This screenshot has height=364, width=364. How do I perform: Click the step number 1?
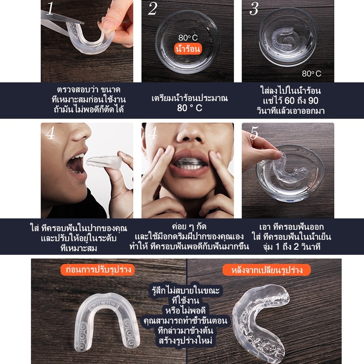tap(50, 8)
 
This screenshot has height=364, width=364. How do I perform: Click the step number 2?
tap(152, 9)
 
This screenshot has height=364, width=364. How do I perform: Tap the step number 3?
tap(254, 9)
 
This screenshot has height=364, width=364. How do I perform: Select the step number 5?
tap(254, 133)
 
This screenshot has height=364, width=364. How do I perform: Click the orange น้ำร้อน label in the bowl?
tap(188, 49)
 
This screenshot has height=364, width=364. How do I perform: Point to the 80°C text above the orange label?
tap(188, 37)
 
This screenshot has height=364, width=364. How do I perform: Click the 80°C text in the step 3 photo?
tap(312, 74)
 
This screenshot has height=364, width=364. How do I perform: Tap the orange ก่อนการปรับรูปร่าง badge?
tap(97, 270)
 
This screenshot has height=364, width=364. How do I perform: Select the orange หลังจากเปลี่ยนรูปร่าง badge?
tap(267, 270)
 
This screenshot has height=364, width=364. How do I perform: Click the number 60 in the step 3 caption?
tap(290, 101)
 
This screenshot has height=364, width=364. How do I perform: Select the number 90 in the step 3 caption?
tap(313, 101)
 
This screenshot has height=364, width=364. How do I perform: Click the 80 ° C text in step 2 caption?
tap(189, 108)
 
